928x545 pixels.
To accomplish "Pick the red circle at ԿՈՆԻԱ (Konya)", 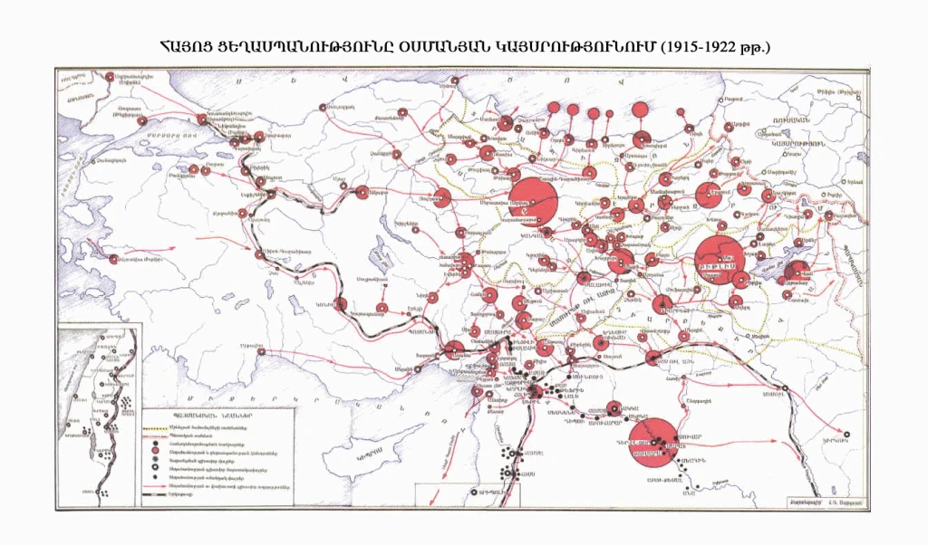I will click(343, 305).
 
